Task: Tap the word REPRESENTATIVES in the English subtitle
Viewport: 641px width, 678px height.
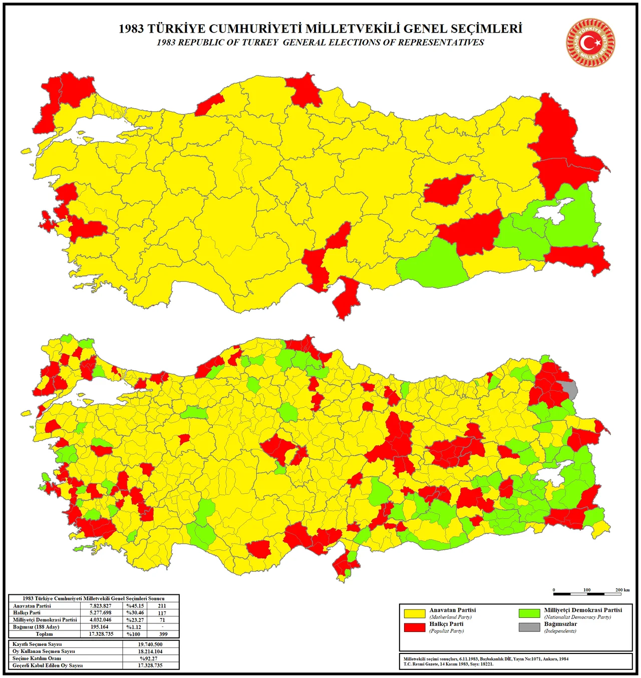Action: click(x=441, y=43)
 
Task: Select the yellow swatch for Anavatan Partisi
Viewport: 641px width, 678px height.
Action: click(x=414, y=613)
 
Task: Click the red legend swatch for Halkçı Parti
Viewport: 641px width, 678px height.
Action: click(x=414, y=627)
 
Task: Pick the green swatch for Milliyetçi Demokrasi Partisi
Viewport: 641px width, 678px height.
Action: click(x=529, y=613)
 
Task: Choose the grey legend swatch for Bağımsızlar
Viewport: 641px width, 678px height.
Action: click(x=529, y=627)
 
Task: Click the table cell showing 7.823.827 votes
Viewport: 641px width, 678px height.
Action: click(x=101, y=606)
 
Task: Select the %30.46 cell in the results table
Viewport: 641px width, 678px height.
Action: click(x=135, y=613)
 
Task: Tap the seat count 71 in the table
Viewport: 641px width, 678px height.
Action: click(x=162, y=620)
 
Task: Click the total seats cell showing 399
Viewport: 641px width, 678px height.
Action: click(x=162, y=634)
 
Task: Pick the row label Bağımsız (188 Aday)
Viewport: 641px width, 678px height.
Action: click(x=36, y=627)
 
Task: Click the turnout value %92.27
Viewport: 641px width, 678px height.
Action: click(x=150, y=658)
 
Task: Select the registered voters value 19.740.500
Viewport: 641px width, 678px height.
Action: click(x=150, y=644)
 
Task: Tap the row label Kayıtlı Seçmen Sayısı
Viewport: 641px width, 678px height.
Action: click(x=37, y=644)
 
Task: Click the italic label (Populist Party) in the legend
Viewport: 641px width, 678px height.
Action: click(x=446, y=631)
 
